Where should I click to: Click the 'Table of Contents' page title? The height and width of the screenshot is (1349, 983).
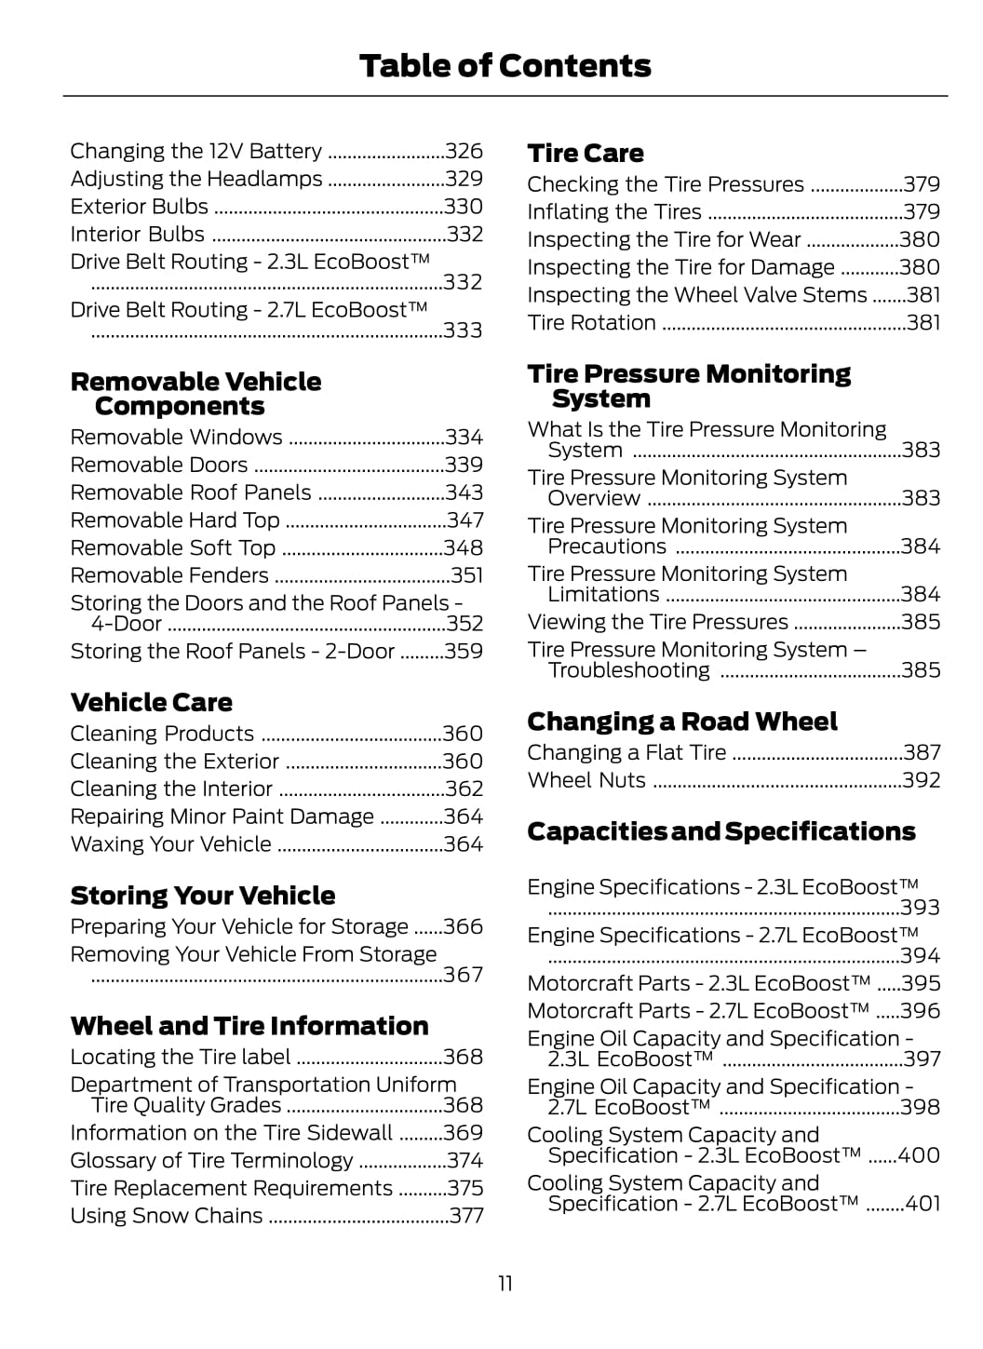(505, 66)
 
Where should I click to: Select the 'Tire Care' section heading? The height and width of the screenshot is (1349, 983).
(585, 154)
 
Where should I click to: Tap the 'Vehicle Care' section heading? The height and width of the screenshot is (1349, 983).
(151, 703)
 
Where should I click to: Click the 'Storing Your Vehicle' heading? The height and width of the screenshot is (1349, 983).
(202, 896)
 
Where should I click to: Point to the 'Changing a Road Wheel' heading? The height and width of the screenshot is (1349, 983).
(681, 722)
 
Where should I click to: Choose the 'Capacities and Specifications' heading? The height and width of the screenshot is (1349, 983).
(720, 831)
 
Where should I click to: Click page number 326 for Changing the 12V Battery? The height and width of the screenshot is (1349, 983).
(464, 151)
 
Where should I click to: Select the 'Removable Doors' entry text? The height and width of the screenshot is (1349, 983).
(159, 465)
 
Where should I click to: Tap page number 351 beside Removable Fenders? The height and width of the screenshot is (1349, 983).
(466, 575)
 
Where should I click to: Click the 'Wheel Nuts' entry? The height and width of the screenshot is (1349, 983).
(586, 780)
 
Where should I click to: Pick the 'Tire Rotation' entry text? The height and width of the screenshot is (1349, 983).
(591, 323)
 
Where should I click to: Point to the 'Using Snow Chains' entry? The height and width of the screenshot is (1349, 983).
(167, 1216)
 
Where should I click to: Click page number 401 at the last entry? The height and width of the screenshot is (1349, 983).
(922, 1204)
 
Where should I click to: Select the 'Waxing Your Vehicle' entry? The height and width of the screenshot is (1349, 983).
(171, 844)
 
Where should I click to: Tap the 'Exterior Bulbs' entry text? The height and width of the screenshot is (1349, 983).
(140, 207)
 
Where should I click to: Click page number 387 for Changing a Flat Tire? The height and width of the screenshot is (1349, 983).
(922, 752)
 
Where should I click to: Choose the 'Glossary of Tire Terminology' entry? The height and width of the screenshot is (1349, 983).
(211, 1161)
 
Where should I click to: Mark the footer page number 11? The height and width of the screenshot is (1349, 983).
(505, 1284)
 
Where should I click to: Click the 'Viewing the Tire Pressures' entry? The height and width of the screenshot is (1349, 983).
(657, 622)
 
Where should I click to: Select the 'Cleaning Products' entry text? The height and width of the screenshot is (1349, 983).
(162, 734)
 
